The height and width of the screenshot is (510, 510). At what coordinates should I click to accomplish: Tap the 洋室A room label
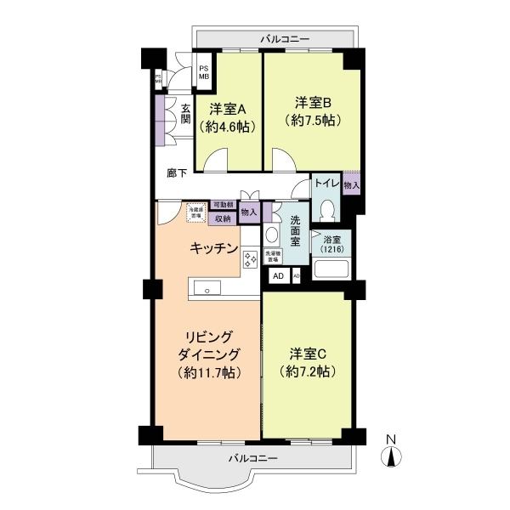(227, 109)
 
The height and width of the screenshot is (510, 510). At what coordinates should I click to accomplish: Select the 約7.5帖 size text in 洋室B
(313, 121)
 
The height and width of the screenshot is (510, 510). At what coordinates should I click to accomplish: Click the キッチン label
(213, 247)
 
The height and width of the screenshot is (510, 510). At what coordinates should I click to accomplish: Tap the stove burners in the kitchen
(251, 258)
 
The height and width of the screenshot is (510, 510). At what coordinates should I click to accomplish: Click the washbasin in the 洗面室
(272, 235)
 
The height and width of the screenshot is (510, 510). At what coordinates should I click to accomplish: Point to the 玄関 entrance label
(184, 114)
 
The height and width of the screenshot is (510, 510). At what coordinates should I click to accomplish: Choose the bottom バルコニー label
(253, 458)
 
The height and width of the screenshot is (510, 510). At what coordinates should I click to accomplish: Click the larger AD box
(278, 276)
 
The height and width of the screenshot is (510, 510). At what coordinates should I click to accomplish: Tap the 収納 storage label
(223, 218)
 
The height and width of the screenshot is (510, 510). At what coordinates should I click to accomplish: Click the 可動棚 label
(223, 205)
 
